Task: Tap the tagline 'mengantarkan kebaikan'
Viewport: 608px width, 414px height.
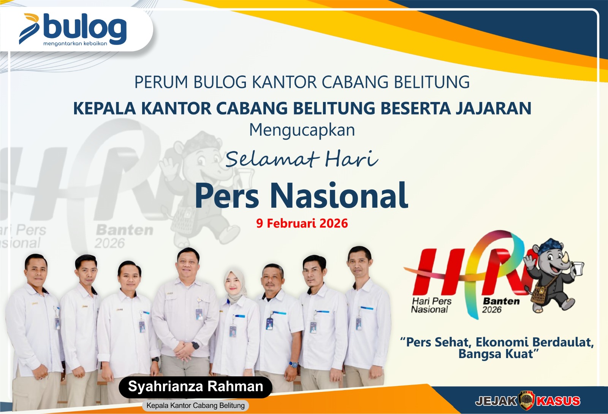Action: pyautogui.click(x=75, y=43)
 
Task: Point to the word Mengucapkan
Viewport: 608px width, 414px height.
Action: pyautogui.click(x=302, y=130)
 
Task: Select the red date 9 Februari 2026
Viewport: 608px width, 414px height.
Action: pyautogui.click(x=302, y=223)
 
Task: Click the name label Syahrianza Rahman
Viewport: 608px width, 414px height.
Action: pyautogui.click(x=195, y=387)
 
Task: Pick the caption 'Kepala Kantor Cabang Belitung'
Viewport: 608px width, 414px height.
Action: pyautogui.click(x=195, y=406)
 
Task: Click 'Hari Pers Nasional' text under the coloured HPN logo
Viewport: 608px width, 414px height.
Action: pyautogui.click(x=431, y=305)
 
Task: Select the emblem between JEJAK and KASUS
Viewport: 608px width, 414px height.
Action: pyautogui.click(x=527, y=400)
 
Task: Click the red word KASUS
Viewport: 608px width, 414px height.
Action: pyautogui.click(x=558, y=401)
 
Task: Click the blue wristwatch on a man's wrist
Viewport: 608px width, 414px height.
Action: pyautogui.click(x=293, y=365)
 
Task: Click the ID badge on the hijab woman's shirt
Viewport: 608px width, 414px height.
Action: pyautogui.click(x=233, y=330)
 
